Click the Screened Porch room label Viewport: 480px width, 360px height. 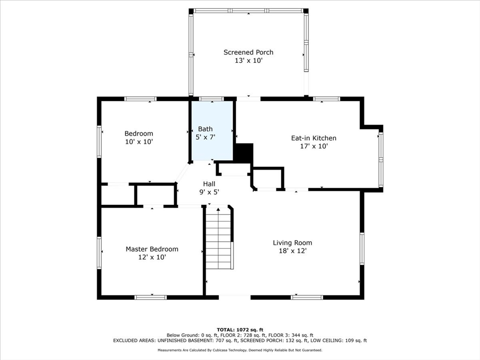(248, 52)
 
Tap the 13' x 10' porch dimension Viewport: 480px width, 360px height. (248, 60)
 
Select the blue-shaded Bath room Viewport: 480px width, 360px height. (212, 130)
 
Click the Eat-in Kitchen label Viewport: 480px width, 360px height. (314, 138)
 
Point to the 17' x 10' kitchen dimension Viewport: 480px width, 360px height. (314, 146)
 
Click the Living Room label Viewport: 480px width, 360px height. (292, 243)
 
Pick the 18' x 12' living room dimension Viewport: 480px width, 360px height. (292, 251)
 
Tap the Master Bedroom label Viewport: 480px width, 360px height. (152, 249)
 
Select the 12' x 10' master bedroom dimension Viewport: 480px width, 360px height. (152, 257)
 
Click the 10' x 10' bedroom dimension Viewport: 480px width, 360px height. (139, 142)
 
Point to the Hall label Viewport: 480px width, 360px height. (209, 184)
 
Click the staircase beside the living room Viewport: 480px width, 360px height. (218, 238)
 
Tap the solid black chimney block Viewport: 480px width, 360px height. (244, 153)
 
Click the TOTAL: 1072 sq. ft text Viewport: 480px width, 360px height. (240, 330)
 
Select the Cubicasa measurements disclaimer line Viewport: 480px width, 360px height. (240, 350)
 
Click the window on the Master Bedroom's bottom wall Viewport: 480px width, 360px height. (150, 297)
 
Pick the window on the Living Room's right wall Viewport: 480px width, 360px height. (362, 249)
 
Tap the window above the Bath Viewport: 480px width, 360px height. (211, 99)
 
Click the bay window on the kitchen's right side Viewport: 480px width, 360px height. (381, 159)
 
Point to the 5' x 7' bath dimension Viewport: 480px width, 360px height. (205, 137)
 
